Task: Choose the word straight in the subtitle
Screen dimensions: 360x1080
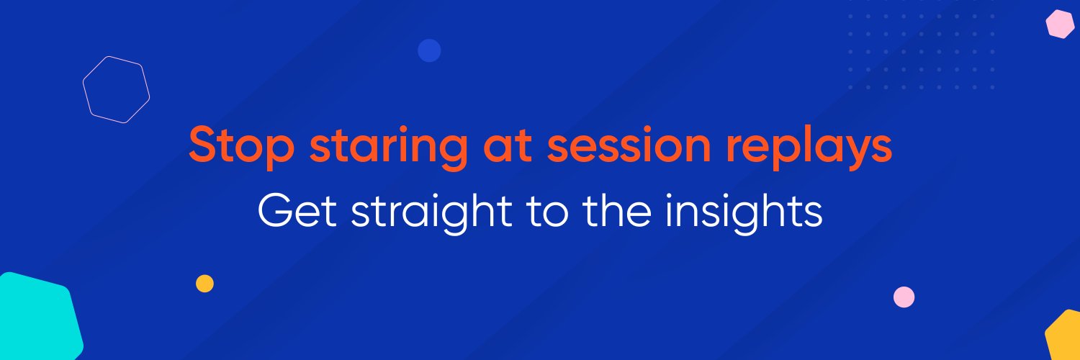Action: point(421,214)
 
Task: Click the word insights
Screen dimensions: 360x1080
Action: point(743,213)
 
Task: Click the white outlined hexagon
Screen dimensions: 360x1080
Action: point(116,89)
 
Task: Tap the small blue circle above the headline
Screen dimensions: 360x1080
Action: point(429,50)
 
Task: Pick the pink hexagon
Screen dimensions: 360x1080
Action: point(1060,24)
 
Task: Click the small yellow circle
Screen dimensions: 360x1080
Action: point(204,283)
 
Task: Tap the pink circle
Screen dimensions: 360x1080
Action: point(904,297)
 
